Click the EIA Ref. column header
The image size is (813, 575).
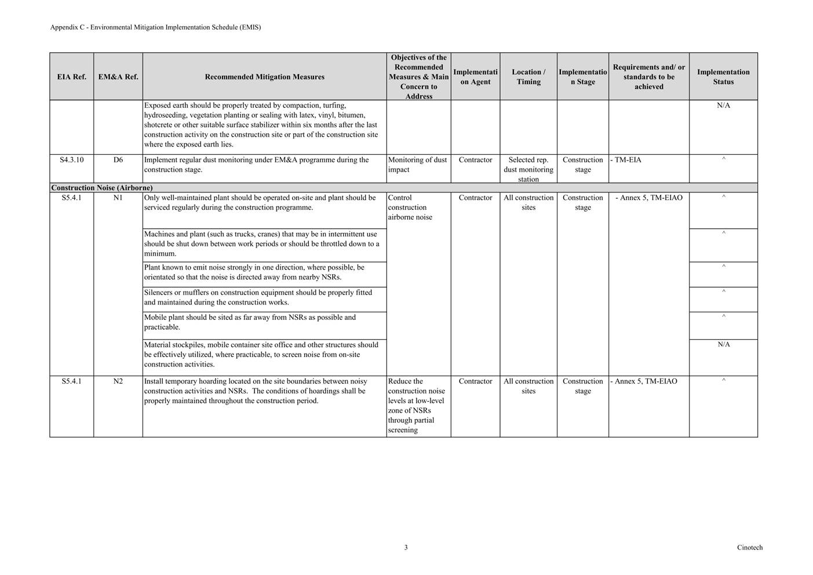[x=71, y=77]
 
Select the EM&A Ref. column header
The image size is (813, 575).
[x=118, y=77]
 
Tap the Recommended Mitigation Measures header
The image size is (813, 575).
[x=264, y=77]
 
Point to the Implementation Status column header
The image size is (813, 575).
[x=723, y=77]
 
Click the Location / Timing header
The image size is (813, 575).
[x=528, y=77]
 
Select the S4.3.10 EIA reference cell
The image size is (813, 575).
[x=71, y=160]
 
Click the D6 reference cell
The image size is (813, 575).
[x=118, y=160]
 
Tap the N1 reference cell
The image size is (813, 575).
[x=118, y=198]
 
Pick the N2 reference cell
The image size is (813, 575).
[x=118, y=381]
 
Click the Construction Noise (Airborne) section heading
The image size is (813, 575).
[x=102, y=188]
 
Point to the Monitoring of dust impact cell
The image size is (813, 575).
[x=417, y=165]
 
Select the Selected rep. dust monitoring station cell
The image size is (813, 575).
[x=528, y=169]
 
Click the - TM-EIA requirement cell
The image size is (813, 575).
[x=626, y=160]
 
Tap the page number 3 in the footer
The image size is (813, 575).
[x=406, y=547]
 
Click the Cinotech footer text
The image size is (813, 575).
[x=749, y=547]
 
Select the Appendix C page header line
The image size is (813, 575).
[x=155, y=27]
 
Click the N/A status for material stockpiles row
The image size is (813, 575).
[x=723, y=345]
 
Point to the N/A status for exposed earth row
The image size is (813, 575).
[x=723, y=105]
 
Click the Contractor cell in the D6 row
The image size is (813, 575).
[x=475, y=160]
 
